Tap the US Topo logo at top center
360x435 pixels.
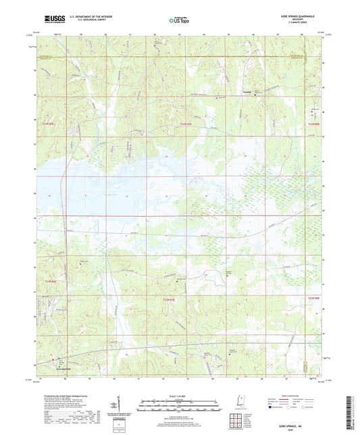coord(178,20)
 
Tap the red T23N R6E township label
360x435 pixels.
coord(46,123)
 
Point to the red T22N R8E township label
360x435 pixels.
coord(313,298)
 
